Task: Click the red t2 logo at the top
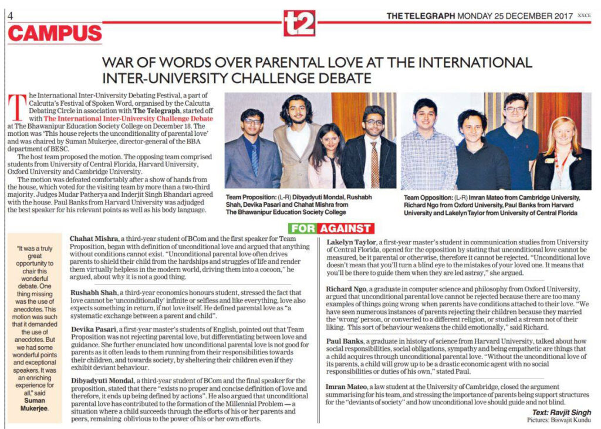click(299, 23)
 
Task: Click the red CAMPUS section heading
click(55, 34)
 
